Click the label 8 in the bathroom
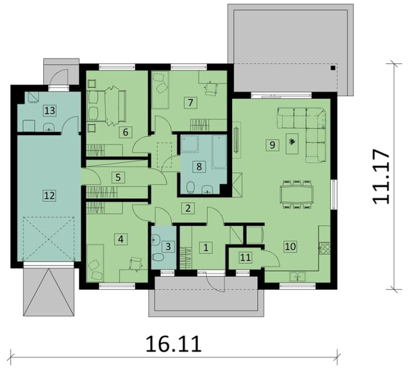click(x=199, y=166)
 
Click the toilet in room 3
click(x=158, y=256)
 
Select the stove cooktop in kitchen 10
click(x=325, y=247)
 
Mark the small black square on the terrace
click(x=334, y=67)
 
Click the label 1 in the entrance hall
click(x=207, y=247)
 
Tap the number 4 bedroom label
click(x=121, y=238)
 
